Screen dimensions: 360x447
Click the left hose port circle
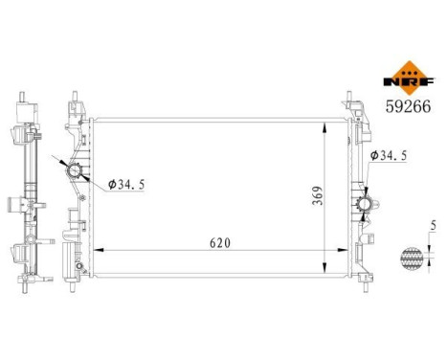(x=75, y=172)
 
